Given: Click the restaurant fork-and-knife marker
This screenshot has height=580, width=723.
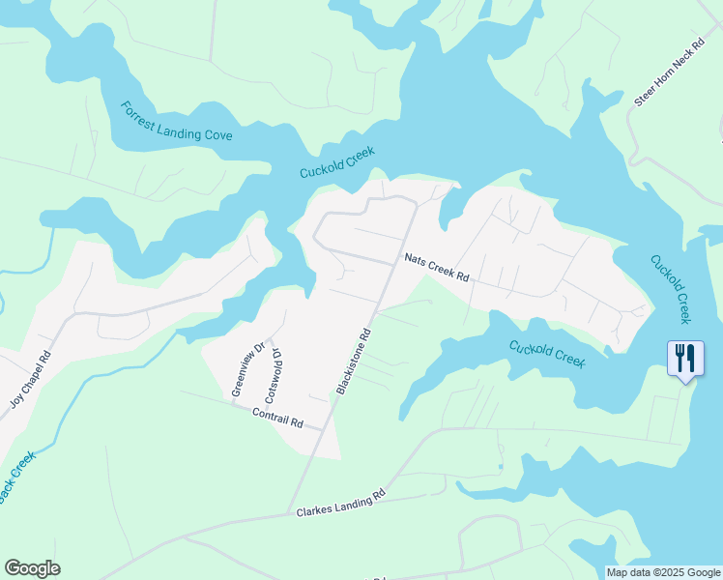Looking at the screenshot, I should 685,359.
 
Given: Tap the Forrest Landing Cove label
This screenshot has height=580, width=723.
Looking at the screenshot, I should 176,122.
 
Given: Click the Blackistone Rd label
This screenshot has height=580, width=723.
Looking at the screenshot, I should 354,362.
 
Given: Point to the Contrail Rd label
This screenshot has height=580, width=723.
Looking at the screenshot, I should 277,418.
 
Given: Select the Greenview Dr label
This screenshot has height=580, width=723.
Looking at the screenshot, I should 246,369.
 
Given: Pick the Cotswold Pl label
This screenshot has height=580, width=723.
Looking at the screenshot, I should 273,375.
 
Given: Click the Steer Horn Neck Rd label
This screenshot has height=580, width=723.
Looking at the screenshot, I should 673,74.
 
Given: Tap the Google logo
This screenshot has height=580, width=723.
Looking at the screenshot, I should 32,568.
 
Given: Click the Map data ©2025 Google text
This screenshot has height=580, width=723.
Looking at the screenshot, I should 663,572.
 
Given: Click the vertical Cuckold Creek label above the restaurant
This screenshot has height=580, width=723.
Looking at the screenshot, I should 671,288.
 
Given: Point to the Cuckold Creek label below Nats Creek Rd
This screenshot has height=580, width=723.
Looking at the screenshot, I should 547,353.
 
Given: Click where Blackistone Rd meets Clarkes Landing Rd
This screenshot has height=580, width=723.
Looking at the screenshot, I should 289,514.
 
